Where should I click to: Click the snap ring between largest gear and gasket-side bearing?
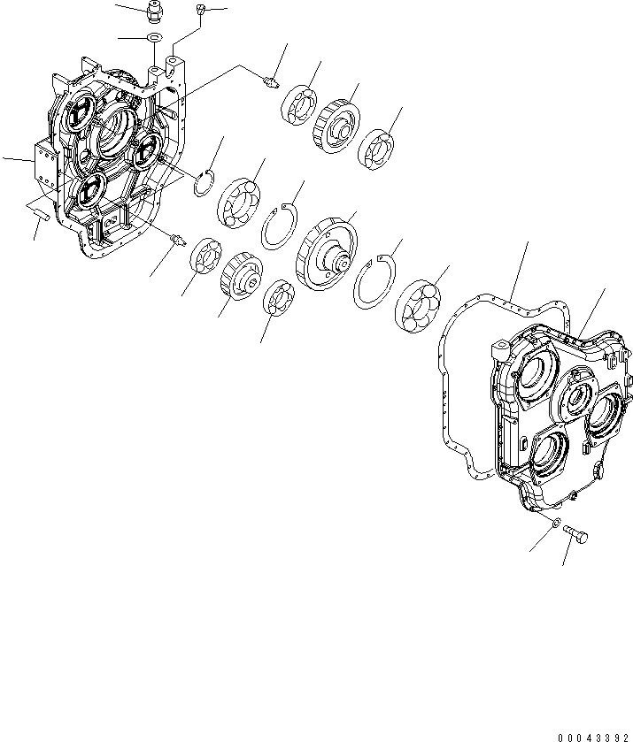pos(372,282)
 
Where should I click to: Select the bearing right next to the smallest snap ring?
pos(238,200)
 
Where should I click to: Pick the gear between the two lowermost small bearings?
pos(241,275)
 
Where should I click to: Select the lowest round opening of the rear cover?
pos(547,453)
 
